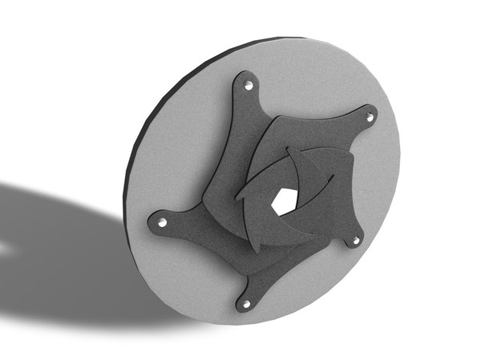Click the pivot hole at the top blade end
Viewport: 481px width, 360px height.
248,84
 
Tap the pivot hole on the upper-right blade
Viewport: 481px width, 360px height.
370,117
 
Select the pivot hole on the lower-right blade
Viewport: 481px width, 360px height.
356,239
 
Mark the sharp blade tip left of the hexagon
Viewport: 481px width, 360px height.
237,196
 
